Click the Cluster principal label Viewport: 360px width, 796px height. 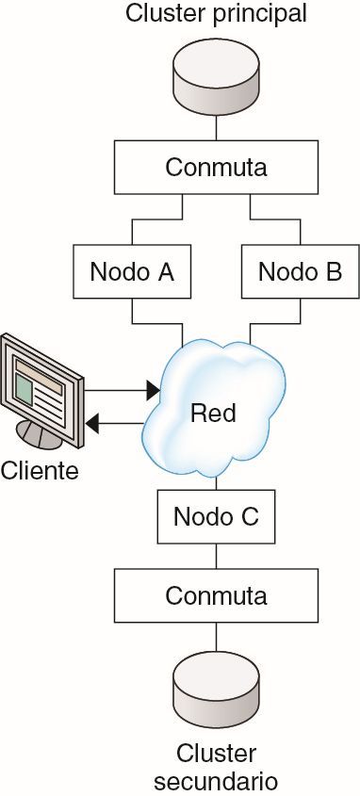tap(216, 14)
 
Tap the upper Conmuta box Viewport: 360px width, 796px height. tap(216, 167)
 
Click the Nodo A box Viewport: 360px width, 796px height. tap(131, 271)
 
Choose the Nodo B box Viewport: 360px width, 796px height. tap(300, 271)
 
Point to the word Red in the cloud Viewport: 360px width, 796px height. tap(213, 413)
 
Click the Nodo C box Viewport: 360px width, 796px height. tap(216, 516)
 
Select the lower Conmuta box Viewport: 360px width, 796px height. tap(216, 595)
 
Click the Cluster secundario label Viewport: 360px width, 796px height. tap(216, 767)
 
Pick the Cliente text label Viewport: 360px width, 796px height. tap(40, 469)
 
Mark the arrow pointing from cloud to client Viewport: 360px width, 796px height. tap(121, 423)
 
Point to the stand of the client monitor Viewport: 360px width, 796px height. tap(40, 435)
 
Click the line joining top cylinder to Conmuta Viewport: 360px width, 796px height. tap(216, 127)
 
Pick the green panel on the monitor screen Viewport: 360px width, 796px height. tap(26, 388)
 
